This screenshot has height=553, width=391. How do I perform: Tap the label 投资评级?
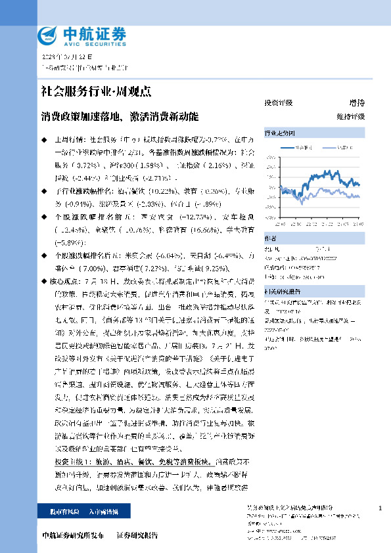[x=278, y=103]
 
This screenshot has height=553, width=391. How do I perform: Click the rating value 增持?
[x=357, y=103]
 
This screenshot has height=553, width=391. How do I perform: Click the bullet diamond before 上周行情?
[x=44, y=140]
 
